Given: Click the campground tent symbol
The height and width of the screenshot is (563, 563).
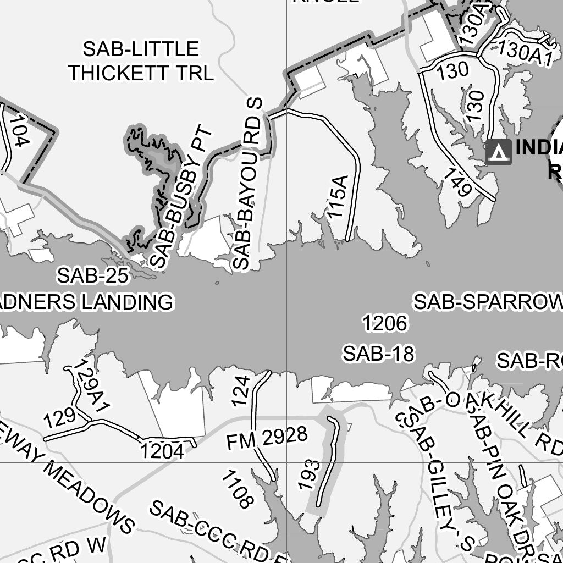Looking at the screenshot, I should click(x=499, y=152).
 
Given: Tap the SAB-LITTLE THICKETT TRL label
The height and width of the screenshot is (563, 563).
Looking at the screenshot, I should click(x=141, y=60).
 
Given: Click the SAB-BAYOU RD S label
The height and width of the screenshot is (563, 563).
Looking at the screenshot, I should click(x=248, y=184).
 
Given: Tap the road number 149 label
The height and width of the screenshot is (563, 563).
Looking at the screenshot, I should click(x=457, y=183).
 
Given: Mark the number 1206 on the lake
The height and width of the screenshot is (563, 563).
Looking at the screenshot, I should click(x=385, y=323).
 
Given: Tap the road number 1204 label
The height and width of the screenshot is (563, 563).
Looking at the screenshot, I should click(x=162, y=451).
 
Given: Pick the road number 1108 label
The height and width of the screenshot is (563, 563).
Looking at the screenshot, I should click(x=238, y=489).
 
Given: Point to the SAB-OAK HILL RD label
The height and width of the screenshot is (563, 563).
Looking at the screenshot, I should click(x=484, y=416).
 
